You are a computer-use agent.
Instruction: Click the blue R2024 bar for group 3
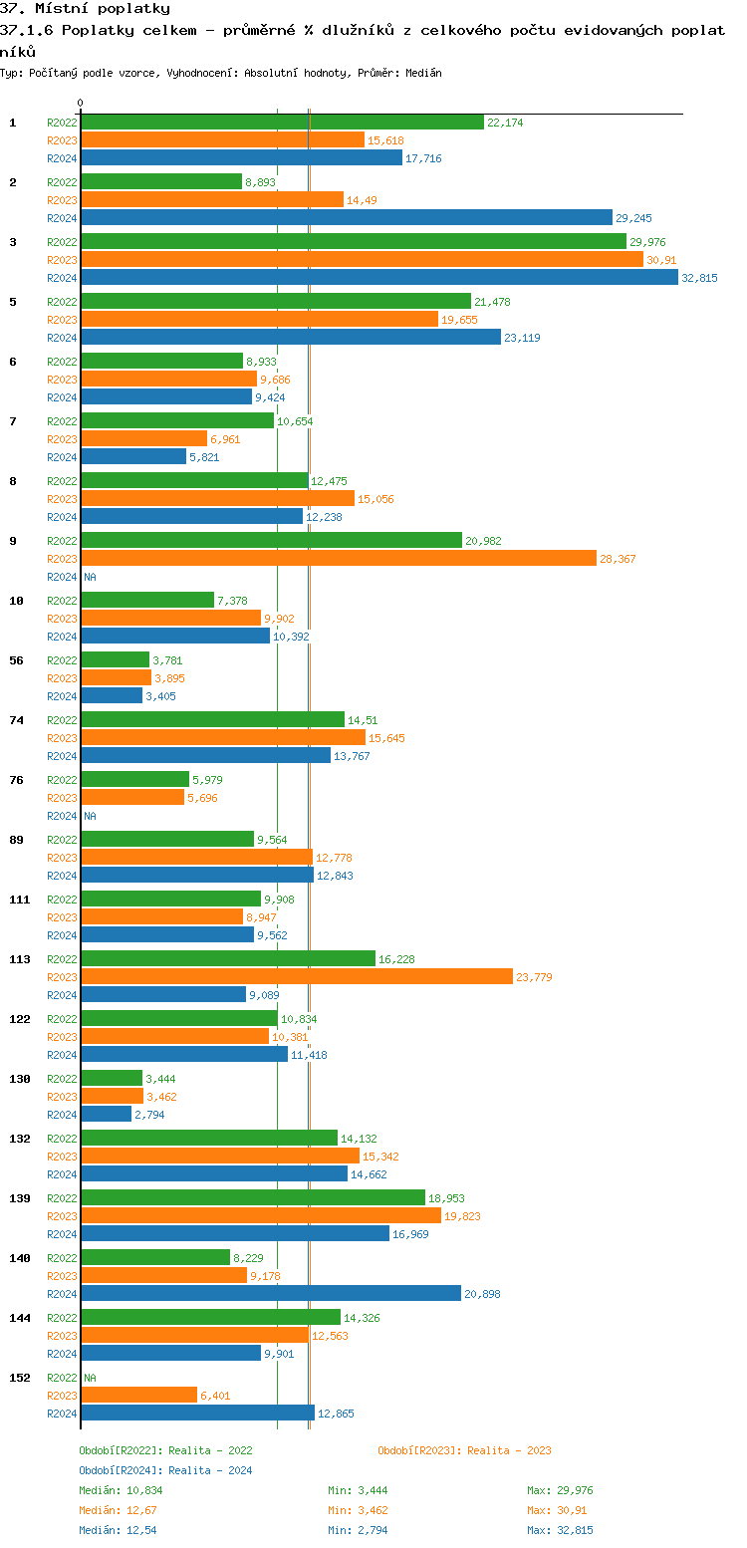[378, 278]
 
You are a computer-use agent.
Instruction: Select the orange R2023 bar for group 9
[339, 559]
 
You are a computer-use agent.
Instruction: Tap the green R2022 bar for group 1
[282, 123]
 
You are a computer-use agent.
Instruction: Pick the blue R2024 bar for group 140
[270, 1294]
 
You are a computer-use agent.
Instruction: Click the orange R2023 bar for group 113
[297, 977]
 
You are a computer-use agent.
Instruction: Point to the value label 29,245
[635, 218]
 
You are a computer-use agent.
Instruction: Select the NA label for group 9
[90, 577]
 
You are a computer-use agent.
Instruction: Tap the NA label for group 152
[90, 1378]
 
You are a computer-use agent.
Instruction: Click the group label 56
[16, 660]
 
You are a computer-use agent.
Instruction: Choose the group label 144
[20, 1318]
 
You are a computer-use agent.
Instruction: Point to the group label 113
[20, 959]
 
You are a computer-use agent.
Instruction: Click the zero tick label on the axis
[81, 103]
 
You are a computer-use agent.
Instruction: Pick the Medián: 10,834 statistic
[121, 1490]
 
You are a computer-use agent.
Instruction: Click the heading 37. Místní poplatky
[85, 9]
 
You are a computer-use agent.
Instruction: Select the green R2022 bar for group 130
[112, 1079]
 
